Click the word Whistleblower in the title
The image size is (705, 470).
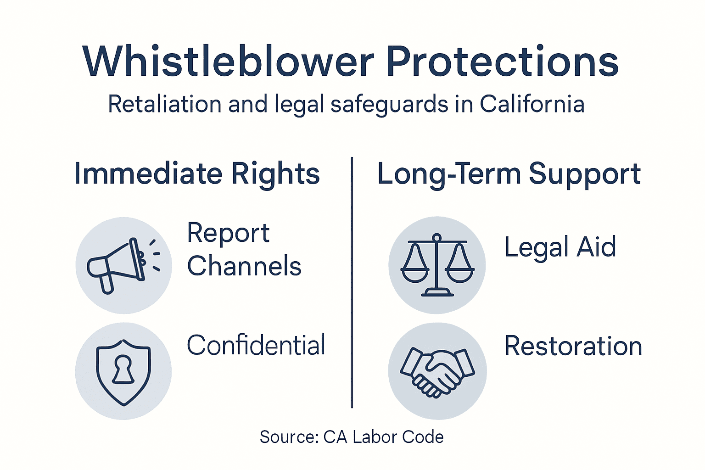pos(228,62)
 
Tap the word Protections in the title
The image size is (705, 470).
pos(502,62)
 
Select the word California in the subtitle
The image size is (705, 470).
pos(532,104)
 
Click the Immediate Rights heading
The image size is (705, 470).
pos(196,174)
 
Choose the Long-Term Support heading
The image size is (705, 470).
pos(509,174)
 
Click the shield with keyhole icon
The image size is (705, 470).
pos(123,371)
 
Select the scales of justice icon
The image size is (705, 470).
pos(437,265)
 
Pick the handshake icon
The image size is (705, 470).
pos(437,371)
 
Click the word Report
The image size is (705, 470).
pos(228,233)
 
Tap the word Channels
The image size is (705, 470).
pos(244,266)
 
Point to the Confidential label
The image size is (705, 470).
pos(256,345)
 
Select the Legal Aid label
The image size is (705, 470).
pos(560,247)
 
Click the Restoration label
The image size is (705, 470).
pos(573,346)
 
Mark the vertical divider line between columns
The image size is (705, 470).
pos(352,282)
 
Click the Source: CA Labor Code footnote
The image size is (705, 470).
pos(352,437)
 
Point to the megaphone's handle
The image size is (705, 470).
pos(106,282)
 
